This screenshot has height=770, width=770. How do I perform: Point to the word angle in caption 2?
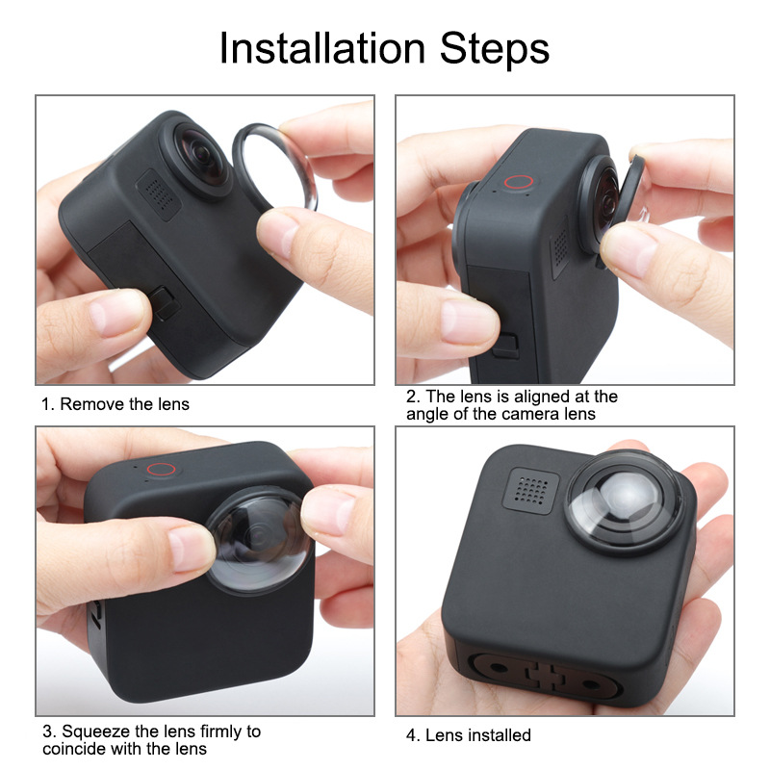pyautogui.click(x=430, y=414)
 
